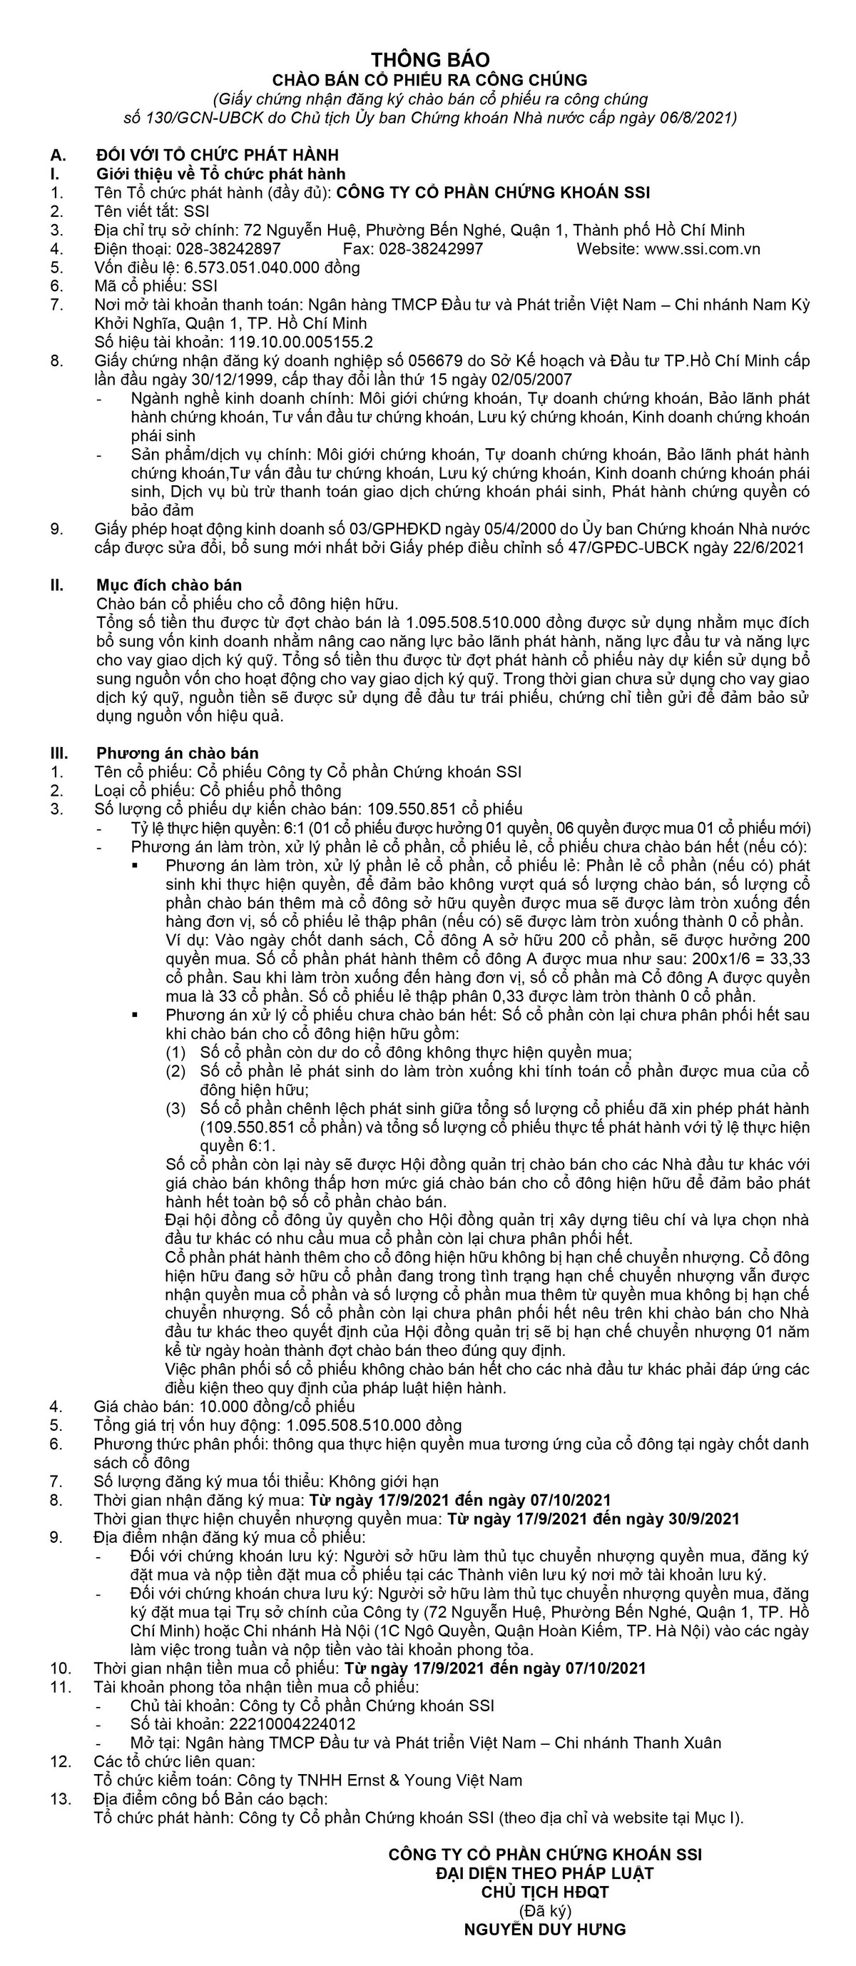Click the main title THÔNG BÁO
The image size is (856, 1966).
click(430, 59)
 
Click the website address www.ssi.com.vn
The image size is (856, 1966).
click(703, 249)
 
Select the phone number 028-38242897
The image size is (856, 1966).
click(228, 249)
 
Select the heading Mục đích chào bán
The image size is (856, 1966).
click(168, 585)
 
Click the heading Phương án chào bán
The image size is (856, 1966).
click(177, 754)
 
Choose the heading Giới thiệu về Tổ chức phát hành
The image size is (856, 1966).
click(220, 174)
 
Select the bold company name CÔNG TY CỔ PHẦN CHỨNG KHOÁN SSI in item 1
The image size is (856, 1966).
click(493, 193)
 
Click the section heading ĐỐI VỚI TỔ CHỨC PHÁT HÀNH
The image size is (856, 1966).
click(218, 156)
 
